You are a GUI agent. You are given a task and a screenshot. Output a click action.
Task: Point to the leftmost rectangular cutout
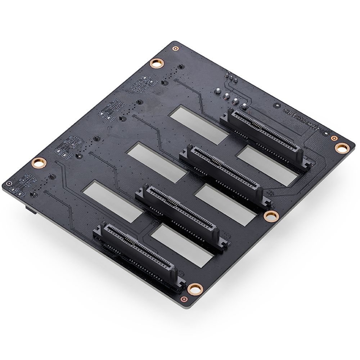[114, 201]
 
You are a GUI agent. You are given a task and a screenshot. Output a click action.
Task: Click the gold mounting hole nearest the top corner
[156, 64]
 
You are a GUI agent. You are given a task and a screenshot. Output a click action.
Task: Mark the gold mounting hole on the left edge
[38, 163]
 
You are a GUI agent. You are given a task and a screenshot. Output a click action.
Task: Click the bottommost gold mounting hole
[195, 288]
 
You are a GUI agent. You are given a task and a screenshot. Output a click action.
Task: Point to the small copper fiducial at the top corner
[175, 48]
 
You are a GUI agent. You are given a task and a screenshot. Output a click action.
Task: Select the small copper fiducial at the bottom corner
[184, 299]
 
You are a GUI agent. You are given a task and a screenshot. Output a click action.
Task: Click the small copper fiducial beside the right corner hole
[333, 138]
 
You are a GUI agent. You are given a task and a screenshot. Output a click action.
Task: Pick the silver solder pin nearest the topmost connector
[244, 106]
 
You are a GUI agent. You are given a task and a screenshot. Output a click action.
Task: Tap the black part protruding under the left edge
[28, 208]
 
